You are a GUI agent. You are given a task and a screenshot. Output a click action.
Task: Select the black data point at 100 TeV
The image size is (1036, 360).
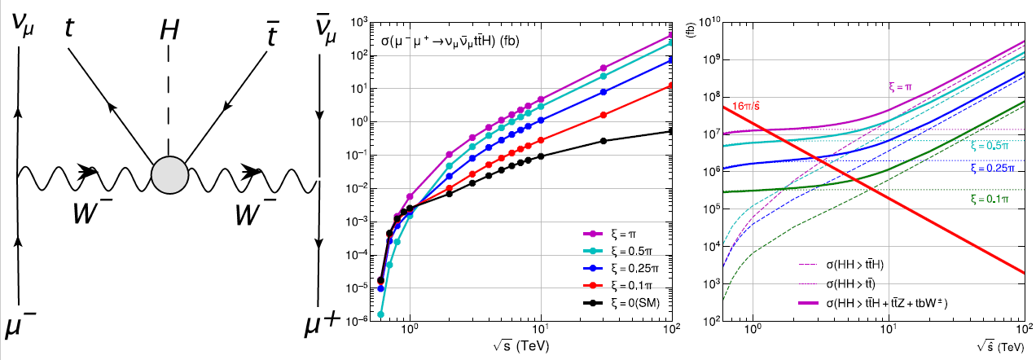pyautogui.click(x=671, y=131)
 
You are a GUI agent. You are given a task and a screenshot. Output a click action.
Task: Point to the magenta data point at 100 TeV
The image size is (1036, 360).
pyautogui.click(x=671, y=36)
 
